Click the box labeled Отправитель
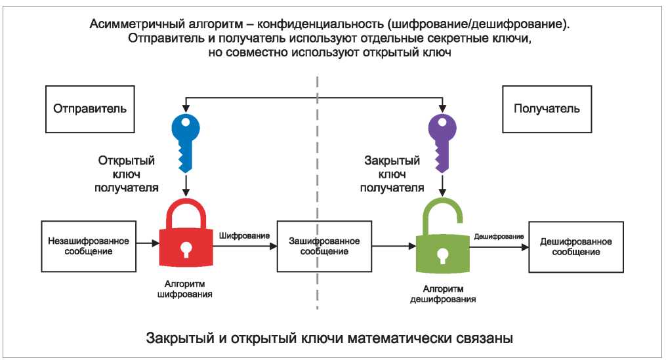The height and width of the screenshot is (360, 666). (90, 109)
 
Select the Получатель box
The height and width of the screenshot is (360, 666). (547, 109)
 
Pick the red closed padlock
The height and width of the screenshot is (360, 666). (186, 233)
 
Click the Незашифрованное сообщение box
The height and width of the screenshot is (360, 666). (89, 246)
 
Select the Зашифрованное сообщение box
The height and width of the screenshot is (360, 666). (325, 246)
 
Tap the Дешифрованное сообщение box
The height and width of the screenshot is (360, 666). (576, 247)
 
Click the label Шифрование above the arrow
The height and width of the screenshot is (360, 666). (244, 235)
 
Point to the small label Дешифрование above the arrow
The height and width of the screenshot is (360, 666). (499, 237)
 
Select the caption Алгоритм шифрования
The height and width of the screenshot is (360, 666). (185, 289)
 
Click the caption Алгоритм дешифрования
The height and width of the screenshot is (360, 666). (443, 294)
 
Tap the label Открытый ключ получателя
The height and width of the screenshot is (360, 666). (127, 174)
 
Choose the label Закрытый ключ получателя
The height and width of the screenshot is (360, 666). (392, 174)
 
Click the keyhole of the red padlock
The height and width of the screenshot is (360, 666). (186, 249)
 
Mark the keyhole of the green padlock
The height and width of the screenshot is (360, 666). (443, 256)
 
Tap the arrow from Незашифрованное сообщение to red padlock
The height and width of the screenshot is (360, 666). (148, 244)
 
